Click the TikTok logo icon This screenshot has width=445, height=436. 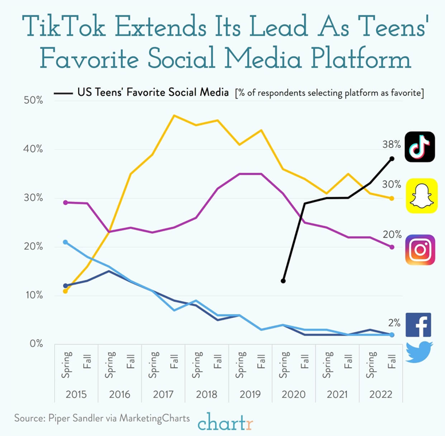(x=420, y=147)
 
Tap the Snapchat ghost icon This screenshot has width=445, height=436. (x=421, y=196)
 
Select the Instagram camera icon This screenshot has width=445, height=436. (x=420, y=250)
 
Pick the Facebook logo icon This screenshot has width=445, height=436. (x=418, y=325)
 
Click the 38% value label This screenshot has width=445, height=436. (x=391, y=145)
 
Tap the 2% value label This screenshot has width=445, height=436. (x=394, y=323)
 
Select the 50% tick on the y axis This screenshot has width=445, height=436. (x=33, y=100)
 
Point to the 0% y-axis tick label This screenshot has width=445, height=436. (x=36, y=344)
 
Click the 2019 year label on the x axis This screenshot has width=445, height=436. (x=250, y=394)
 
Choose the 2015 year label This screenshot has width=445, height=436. (x=76, y=394)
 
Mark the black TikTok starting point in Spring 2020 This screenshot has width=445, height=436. (x=283, y=281)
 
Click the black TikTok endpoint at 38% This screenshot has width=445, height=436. (x=392, y=159)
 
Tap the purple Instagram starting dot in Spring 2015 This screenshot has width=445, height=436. (x=65, y=203)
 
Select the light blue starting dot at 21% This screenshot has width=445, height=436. (x=65, y=242)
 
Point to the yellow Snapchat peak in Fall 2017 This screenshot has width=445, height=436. (x=174, y=115)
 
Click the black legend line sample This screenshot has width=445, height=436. (x=63, y=93)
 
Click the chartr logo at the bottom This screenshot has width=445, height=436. (x=225, y=421)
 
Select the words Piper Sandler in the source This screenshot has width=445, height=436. (x=76, y=418)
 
